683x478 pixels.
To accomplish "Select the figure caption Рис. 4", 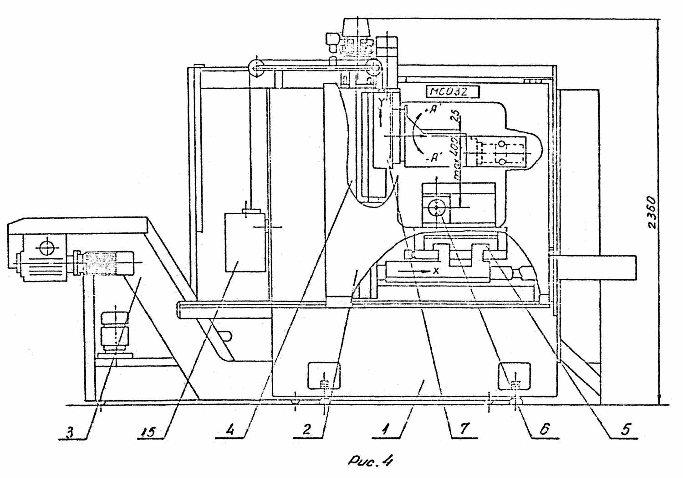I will (x=370, y=463).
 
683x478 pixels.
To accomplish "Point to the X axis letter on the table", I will (x=436, y=271).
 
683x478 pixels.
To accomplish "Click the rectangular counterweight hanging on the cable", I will (x=245, y=242).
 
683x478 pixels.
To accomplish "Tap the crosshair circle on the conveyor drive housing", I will (x=46, y=248).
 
